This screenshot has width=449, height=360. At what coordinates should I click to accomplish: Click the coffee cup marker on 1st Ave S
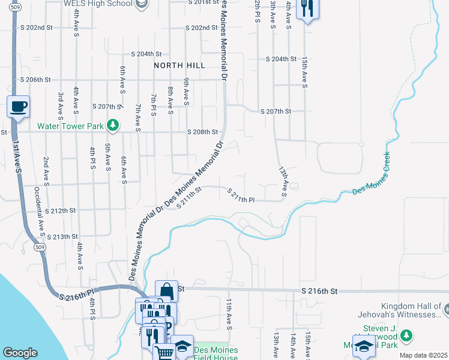(x=18, y=107)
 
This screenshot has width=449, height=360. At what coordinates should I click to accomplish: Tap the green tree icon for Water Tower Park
(x=112, y=125)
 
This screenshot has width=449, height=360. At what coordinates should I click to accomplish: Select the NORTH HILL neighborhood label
(x=179, y=65)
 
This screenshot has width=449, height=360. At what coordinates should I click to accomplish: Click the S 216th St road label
(x=319, y=291)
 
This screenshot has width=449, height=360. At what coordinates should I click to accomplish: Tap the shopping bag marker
(x=166, y=292)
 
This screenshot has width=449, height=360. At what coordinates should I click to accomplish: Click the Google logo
(x=20, y=353)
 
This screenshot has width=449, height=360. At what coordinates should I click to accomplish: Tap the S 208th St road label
(x=202, y=132)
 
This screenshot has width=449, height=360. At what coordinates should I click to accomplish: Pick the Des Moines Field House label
(x=216, y=353)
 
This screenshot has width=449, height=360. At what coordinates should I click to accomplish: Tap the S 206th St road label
(x=37, y=80)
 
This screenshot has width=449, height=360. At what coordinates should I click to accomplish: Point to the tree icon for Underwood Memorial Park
(x=406, y=334)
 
